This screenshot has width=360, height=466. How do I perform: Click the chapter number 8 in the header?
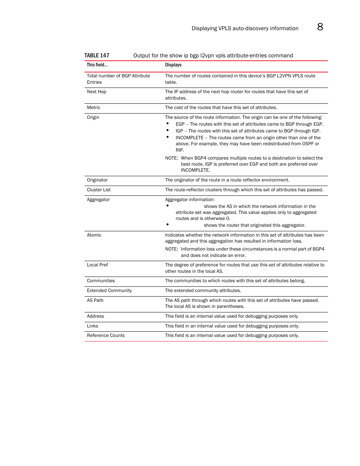click(320, 27)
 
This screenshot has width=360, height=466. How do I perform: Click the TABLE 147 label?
click(97, 55)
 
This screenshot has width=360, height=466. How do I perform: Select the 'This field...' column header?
click(97, 65)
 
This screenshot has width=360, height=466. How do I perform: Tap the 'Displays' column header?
click(173, 65)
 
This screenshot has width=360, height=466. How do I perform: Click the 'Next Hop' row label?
click(97, 92)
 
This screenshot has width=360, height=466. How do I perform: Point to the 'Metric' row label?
click(94, 108)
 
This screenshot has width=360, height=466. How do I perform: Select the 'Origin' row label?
click(93, 117)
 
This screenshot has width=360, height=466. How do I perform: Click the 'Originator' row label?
click(97, 180)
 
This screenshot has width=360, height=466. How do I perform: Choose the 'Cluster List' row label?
click(99, 190)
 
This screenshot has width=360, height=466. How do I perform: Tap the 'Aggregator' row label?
click(98, 200)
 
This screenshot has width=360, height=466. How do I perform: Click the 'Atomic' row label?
click(94, 235)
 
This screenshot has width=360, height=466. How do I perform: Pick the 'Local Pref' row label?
click(97, 265)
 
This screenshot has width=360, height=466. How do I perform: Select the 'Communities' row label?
click(101, 281)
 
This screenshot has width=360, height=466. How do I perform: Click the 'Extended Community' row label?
click(109, 291)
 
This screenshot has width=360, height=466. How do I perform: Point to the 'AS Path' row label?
click(95, 300)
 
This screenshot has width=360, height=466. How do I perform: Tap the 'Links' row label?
click(92, 326)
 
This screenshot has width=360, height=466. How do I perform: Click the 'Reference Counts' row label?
click(106, 335)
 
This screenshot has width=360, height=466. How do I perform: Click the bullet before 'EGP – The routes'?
click(167, 123)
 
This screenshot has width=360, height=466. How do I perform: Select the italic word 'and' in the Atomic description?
click(194, 241)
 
